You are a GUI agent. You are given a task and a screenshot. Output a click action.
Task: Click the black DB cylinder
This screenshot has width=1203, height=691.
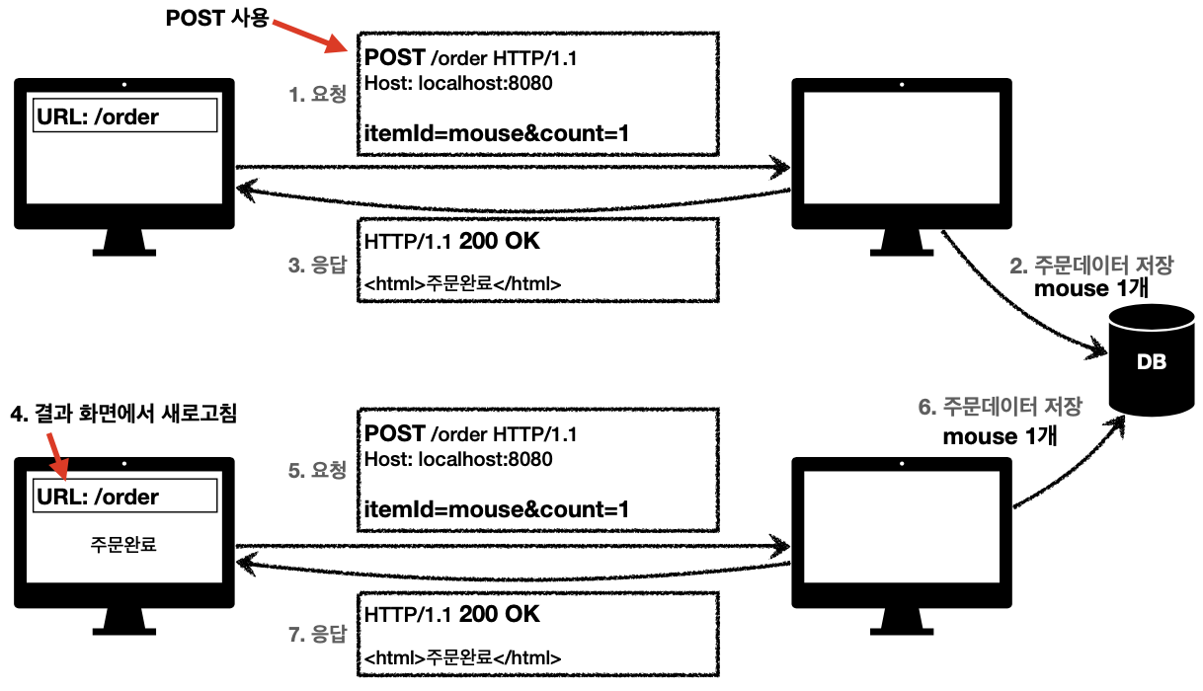(x=1152, y=361)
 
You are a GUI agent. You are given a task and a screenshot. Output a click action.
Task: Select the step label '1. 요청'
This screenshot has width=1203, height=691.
(x=317, y=95)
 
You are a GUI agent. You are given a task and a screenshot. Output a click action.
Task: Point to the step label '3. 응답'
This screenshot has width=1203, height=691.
(x=317, y=265)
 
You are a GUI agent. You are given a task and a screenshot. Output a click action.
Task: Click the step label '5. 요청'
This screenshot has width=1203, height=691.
(x=317, y=471)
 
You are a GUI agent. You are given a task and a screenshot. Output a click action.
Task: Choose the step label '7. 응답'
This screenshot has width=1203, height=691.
(x=317, y=636)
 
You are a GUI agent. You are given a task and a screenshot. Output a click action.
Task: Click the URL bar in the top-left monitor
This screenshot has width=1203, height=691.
(x=125, y=117)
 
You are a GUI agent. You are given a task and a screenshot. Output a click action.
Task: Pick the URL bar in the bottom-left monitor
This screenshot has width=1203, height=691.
(x=125, y=496)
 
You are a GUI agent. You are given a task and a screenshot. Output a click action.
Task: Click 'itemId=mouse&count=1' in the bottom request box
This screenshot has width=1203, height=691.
(x=497, y=509)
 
